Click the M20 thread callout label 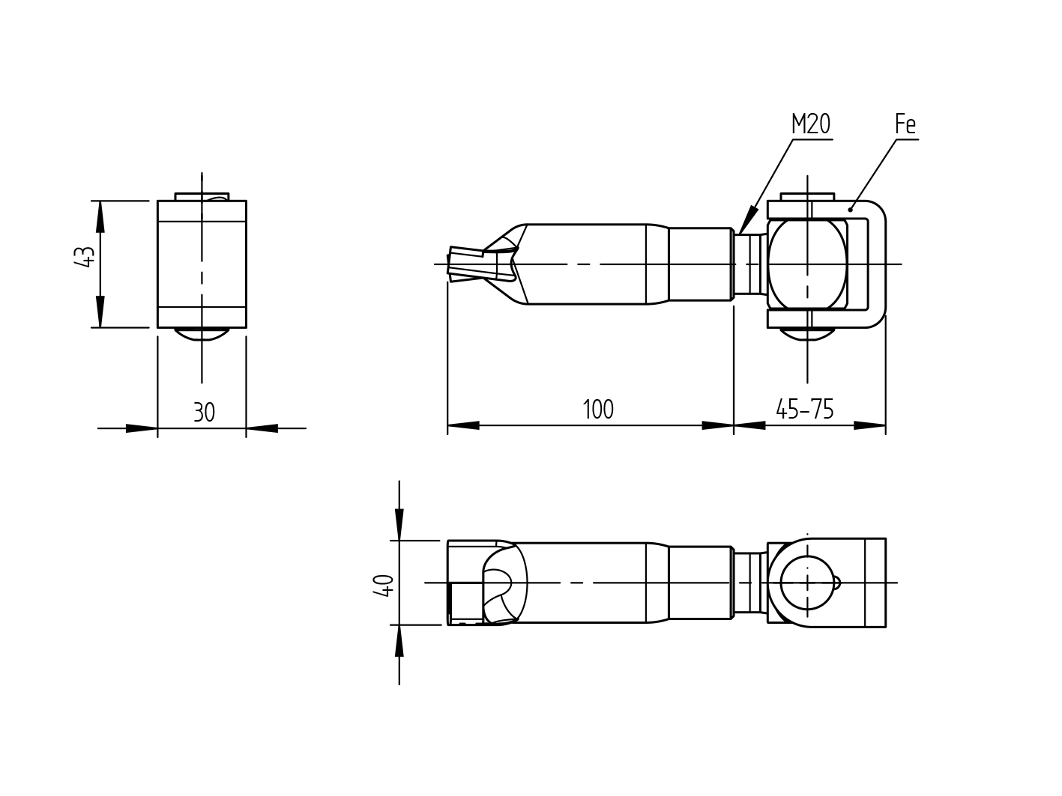[811, 124]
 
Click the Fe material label [905, 124]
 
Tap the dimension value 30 [204, 412]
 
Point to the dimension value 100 [598, 410]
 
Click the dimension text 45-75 [805, 409]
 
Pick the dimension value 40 [384, 584]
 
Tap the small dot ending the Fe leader [850, 209]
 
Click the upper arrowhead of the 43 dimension [100, 215]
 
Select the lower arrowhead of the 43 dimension [100, 313]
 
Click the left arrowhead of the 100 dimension [462, 425]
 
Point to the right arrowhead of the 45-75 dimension [871, 425]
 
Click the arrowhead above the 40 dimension [399, 525]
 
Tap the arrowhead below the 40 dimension [399, 640]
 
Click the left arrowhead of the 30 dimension [142, 428]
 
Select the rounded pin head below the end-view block [202, 334]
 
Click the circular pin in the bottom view [807, 583]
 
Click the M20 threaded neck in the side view [749, 264]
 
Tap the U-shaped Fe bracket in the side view [878, 264]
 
